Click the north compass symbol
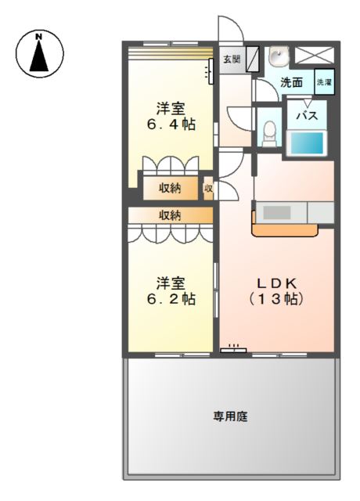click(39, 53)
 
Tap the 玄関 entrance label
click(231, 59)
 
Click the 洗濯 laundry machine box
click(324, 81)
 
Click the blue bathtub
click(306, 143)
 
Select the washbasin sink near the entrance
click(278, 56)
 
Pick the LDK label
click(275, 282)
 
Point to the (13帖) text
click(275, 299)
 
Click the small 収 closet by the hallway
click(209, 188)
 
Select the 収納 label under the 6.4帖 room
click(171, 188)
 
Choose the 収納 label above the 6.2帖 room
click(171, 214)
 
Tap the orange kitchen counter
click(286, 229)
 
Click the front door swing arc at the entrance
click(229, 27)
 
